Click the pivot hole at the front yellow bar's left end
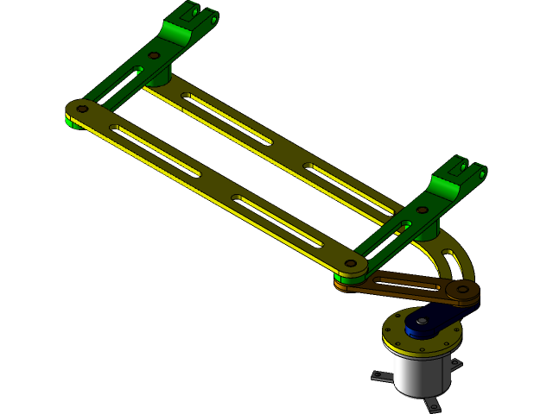[82, 110]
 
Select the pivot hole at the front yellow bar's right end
[350, 264]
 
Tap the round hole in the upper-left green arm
[154, 55]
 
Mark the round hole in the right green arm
[423, 209]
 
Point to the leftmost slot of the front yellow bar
[156, 150]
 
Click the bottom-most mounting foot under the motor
[432, 405]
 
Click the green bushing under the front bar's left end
[74, 122]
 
